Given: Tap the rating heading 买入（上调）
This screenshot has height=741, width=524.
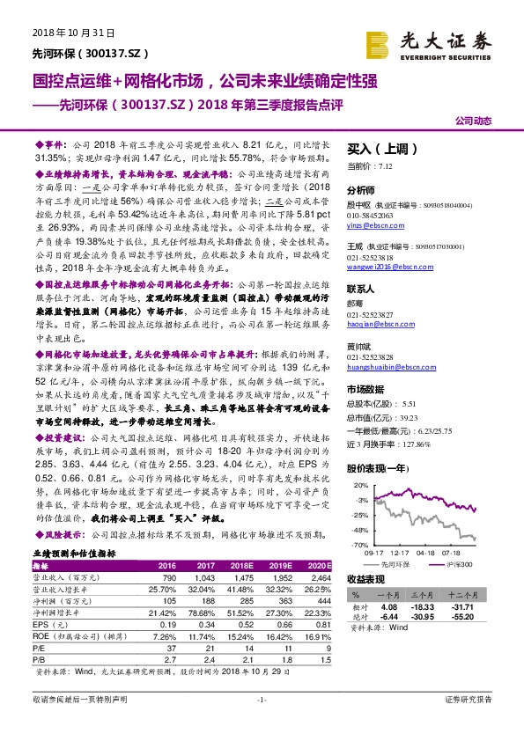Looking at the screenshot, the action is tap(373, 150).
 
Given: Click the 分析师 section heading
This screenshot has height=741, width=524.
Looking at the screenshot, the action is tap(361, 189).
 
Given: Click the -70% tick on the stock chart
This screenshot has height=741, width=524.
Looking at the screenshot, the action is tap(362, 546).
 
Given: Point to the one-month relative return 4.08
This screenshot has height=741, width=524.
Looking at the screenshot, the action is tap(392, 606).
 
